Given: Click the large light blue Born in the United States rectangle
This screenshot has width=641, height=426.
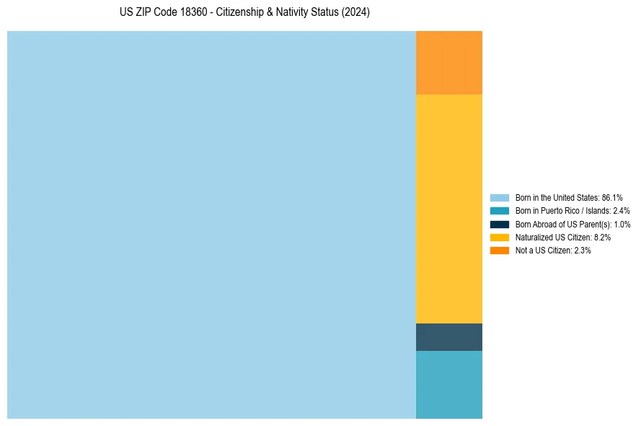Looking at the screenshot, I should pos(211,225).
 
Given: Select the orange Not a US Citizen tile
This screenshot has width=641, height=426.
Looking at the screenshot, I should pos(449,63).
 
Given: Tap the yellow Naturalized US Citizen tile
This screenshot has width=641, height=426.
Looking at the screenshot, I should pos(449,209).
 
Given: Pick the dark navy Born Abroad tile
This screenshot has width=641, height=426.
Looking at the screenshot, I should pos(449,337).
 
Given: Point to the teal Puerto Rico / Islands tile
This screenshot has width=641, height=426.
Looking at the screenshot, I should pos(449,384).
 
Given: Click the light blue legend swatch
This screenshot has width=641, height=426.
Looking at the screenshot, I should pos(500,197).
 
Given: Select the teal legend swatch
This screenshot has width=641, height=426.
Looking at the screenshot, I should pos(500,211).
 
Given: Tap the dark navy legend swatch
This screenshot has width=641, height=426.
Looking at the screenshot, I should pos(500,224).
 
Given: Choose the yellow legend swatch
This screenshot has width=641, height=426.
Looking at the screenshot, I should pos(500,237).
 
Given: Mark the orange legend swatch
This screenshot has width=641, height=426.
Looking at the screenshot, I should pos(500,250).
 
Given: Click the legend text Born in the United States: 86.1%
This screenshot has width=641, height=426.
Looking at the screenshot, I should pos(569,197).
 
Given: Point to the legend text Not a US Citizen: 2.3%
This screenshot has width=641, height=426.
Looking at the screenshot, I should pos(553,250).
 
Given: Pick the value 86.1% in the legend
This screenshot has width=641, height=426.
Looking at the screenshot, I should pos(612,197).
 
